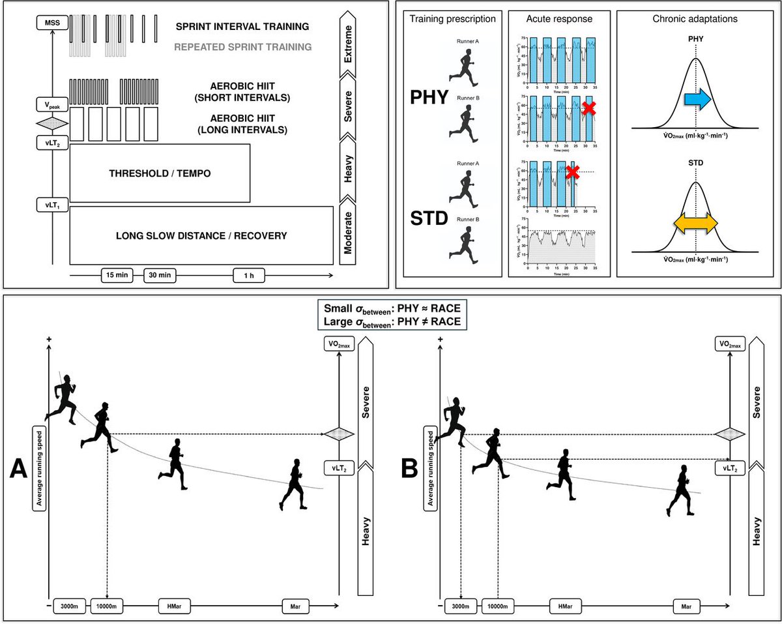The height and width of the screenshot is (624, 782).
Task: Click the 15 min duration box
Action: (117, 275)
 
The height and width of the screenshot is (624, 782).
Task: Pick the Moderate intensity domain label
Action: (351, 236)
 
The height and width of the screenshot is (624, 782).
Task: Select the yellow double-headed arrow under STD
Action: (695, 223)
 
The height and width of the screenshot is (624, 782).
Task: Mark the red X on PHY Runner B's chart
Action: (589, 109)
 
